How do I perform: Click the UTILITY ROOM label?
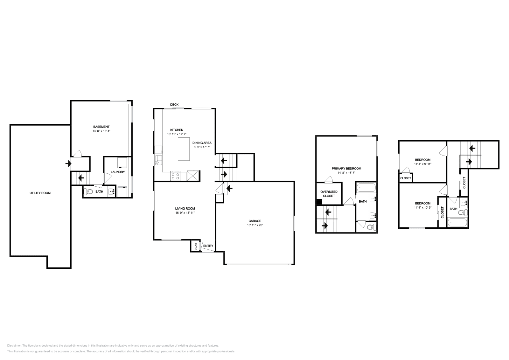[40, 193]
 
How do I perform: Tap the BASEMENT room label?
[101, 127]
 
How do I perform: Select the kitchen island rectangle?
[184, 149]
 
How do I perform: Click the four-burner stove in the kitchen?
[175, 176]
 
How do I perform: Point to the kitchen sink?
[158, 160]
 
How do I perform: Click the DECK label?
[174, 105]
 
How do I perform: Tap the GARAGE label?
[255, 221]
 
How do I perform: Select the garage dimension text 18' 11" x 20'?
[255, 225]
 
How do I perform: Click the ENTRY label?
[208, 246]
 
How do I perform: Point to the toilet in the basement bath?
[88, 192]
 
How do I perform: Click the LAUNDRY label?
[118, 172]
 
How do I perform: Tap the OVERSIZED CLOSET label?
[329, 194]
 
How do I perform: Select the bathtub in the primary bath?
[366, 188]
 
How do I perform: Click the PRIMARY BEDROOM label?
[346, 169]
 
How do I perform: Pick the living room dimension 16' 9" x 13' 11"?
[185, 213]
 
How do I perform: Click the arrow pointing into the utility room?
[68, 163]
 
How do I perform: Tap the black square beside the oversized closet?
[319, 202]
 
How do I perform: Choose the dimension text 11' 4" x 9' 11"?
[423, 164]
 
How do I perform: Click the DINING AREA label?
[202, 143]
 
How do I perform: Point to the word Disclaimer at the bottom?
[14, 346]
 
